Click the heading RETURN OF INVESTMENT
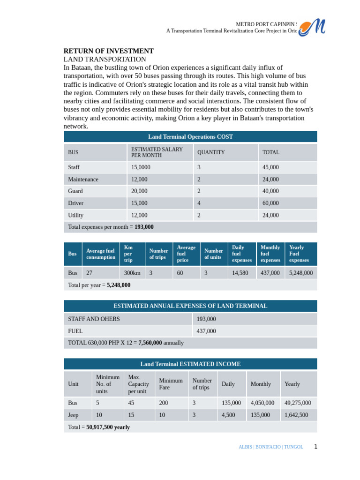pyautogui.click(x=108, y=51)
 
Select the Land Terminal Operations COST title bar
pyautogui.click(x=190, y=137)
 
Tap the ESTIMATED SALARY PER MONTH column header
pyautogui.click(x=146, y=152)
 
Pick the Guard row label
pyautogui.click(x=75, y=191)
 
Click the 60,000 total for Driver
pyautogui.click(x=270, y=203)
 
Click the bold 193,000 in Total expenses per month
pyautogui.click(x=144, y=227)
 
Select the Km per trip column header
pyautogui.click(x=128, y=254)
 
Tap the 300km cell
pyautogui.click(x=132, y=273)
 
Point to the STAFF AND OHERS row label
pyautogui.click(x=94, y=319)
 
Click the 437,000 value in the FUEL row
pyautogui.click(x=206, y=331)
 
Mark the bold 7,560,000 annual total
pyautogui.click(x=150, y=343)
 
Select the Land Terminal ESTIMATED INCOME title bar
pyautogui.click(x=190, y=364)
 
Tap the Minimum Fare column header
pyautogui.click(x=171, y=384)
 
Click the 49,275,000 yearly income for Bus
pyautogui.click(x=298, y=403)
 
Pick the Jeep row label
pyautogui.click(x=74, y=415)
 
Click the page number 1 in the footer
pyautogui.click(x=315, y=447)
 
